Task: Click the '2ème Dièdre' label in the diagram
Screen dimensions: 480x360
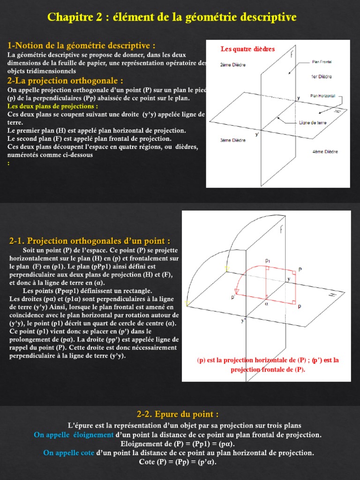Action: [x=233, y=65]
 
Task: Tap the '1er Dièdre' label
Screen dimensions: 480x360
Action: [x=322, y=76]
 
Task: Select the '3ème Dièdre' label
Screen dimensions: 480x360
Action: [x=233, y=140]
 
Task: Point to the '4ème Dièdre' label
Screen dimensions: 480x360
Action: [x=325, y=151]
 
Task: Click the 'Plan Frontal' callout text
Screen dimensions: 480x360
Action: [x=322, y=61]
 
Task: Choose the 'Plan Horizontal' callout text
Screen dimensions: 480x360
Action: [x=322, y=96]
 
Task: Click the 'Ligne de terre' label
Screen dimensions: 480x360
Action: [x=313, y=123]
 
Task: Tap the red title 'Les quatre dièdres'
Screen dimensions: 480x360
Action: [x=247, y=49]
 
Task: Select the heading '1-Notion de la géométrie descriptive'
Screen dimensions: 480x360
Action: [x=82, y=45]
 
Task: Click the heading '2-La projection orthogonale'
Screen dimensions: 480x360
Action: [x=66, y=81]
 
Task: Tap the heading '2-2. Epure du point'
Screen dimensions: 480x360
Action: [x=178, y=414]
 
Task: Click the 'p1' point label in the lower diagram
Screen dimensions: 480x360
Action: [x=267, y=260]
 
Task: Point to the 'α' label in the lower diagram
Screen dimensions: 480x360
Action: [x=266, y=303]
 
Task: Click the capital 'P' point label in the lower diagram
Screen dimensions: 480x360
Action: [x=300, y=270]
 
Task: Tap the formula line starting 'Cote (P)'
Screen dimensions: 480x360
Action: [x=178, y=462]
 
